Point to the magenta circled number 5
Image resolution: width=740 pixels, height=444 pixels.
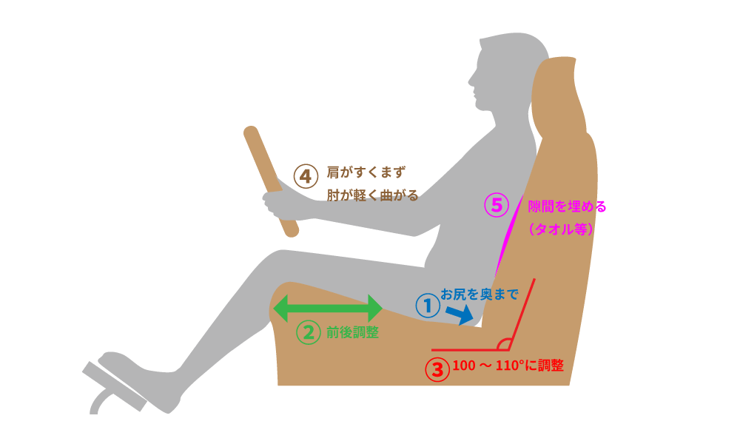click(497, 204)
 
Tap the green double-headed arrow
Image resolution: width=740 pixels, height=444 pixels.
click(328, 308)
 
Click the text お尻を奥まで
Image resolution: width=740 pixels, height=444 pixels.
click(479, 294)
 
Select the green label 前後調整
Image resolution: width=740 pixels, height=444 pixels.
click(352, 333)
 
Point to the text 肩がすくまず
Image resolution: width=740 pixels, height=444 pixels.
click(366, 173)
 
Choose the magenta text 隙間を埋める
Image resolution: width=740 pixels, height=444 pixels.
click(567, 206)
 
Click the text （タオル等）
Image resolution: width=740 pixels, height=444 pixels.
click(562, 229)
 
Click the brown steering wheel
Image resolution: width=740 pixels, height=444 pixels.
click(270, 181)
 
